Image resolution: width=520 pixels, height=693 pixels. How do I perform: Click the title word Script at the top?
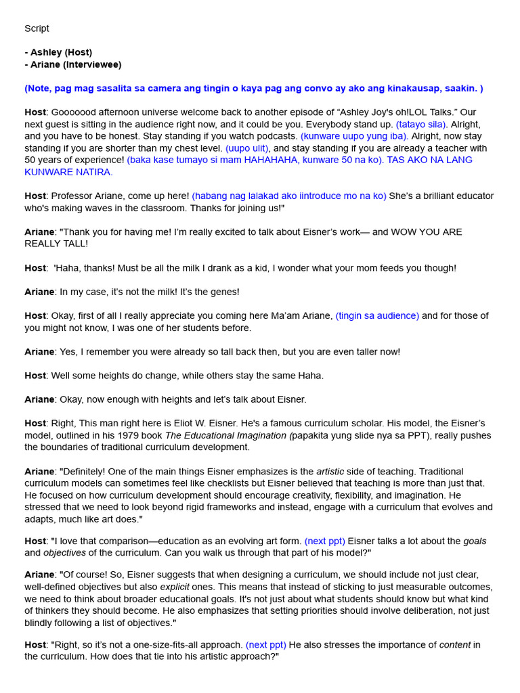click(37, 28)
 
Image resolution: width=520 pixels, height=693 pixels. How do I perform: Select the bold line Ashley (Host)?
click(61, 53)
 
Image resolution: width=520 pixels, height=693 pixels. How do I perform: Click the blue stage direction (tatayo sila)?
click(422, 125)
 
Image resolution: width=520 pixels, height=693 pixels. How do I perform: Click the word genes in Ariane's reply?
click(223, 292)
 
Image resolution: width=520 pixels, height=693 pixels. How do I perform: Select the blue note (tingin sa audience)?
click(377, 316)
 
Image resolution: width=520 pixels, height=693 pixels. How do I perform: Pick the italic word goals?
click(475, 541)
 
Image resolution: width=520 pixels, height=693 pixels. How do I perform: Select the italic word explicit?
click(174, 587)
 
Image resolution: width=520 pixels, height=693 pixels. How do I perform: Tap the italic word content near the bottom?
click(454, 645)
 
